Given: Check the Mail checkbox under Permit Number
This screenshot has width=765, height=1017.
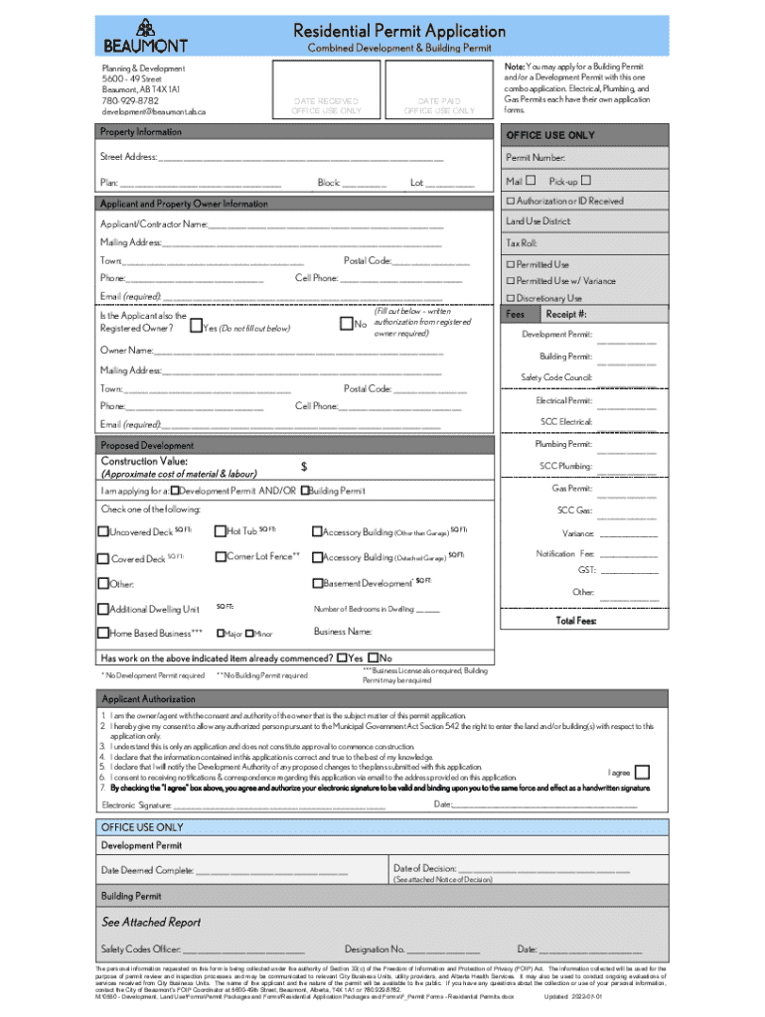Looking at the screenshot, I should coord(531,180).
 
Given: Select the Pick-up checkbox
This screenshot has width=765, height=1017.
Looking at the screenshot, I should coord(586,180).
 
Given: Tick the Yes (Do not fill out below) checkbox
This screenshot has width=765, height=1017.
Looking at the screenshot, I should coord(195,326).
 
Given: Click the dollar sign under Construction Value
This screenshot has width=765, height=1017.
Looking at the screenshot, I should coord(304,466).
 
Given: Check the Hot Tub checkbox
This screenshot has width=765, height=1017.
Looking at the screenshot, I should coord(221,531).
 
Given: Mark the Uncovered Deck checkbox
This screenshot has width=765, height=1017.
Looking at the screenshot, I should coord(103,531).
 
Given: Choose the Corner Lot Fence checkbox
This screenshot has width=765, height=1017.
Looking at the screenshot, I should coord(221,556).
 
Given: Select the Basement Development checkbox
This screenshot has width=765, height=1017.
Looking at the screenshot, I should coord(317,583).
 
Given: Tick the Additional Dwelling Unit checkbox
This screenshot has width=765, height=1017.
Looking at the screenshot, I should coord(103,609).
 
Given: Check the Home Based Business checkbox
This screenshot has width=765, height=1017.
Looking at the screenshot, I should coord(103,633).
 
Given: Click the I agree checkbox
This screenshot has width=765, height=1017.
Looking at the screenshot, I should coord(643,772).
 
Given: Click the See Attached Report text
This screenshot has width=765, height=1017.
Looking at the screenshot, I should coord(151,922).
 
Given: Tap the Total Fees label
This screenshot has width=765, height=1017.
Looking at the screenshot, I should coord(576,621).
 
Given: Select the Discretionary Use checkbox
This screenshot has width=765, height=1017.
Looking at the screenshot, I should coord(511,298).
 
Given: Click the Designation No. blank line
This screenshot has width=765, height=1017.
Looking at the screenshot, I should coord(436,949).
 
